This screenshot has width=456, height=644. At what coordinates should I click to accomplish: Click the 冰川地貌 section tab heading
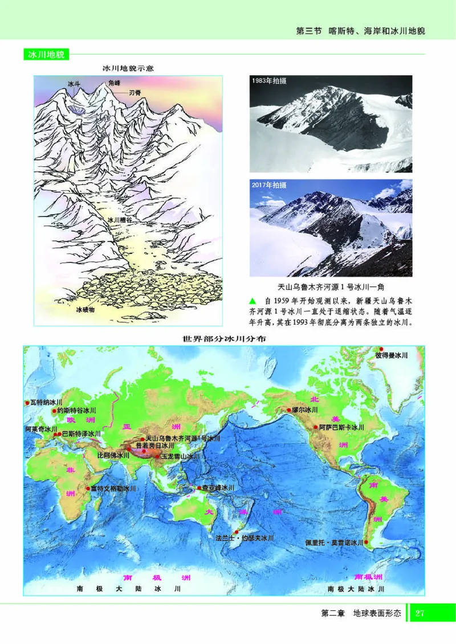pos(47,55)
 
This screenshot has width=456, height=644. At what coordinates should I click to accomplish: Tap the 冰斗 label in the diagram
pos(74,84)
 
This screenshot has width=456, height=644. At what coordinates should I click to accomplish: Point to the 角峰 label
pos(115,83)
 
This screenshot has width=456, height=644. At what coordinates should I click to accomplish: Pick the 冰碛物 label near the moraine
pos(88,310)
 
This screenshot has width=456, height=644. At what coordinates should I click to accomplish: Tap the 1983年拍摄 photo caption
pos(269,81)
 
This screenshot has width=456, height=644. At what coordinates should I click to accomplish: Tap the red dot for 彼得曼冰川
pos(381,348)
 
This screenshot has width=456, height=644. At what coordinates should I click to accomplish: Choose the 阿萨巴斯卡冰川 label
pos(341,426)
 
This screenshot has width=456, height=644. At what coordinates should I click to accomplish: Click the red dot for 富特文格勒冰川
pos(87,488)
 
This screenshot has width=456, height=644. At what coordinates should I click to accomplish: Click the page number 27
pos(420,613)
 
